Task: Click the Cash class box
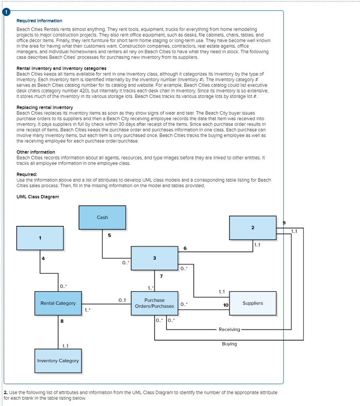coord(102,217)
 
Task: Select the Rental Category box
coord(58,303)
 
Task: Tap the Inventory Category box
coord(58,361)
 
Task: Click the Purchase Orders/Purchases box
coord(154,303)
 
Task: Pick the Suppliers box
coord(253,303)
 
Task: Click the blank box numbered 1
coord(40,238)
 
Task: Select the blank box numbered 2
coord(253,228)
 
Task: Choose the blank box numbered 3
coord(154,258)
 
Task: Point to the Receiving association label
coord(229,329)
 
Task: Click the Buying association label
coord(229,344)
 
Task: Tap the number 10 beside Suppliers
coord(226,305)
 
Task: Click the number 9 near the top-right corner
coord(283,223)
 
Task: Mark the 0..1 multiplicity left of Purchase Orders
coord(122,300)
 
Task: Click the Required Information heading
coord(39,21)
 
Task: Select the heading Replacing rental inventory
coord(45,107)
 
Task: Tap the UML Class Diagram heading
coord(38,197)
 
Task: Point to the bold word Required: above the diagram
coord(27,174)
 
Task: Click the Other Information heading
coord(36,152)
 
